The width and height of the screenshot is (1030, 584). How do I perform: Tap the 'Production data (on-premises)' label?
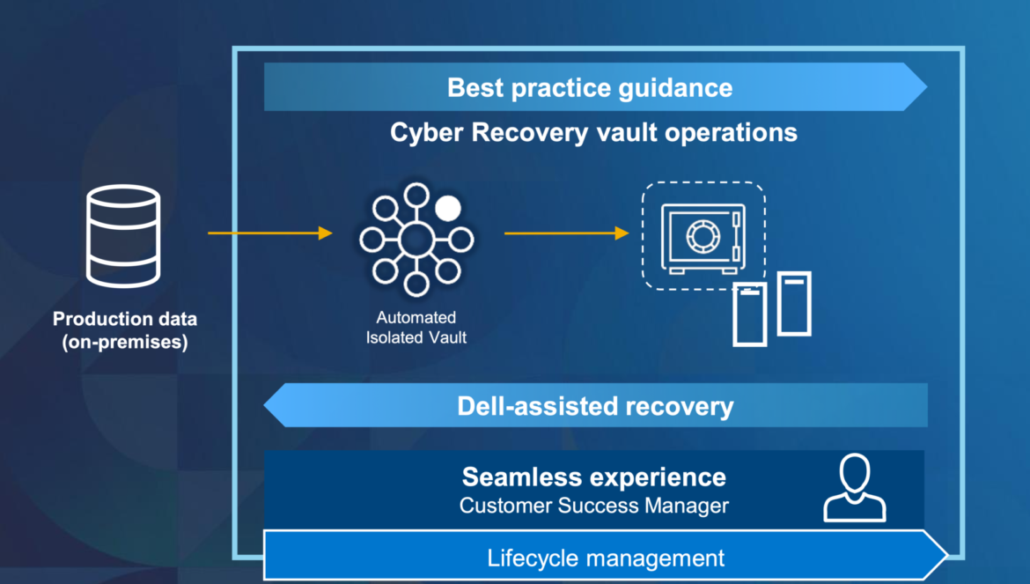125,330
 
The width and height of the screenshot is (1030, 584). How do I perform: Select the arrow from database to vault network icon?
270,233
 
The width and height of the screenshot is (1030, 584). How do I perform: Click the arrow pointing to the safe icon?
566,233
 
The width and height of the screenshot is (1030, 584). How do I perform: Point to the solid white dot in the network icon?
448,208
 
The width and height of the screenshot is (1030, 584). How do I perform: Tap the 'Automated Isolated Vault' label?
416,327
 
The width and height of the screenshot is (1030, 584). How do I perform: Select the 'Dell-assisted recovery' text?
595,406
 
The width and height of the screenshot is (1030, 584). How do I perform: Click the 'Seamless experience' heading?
594,477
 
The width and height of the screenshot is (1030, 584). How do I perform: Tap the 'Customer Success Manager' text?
594,506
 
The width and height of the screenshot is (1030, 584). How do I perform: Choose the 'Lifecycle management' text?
606,558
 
